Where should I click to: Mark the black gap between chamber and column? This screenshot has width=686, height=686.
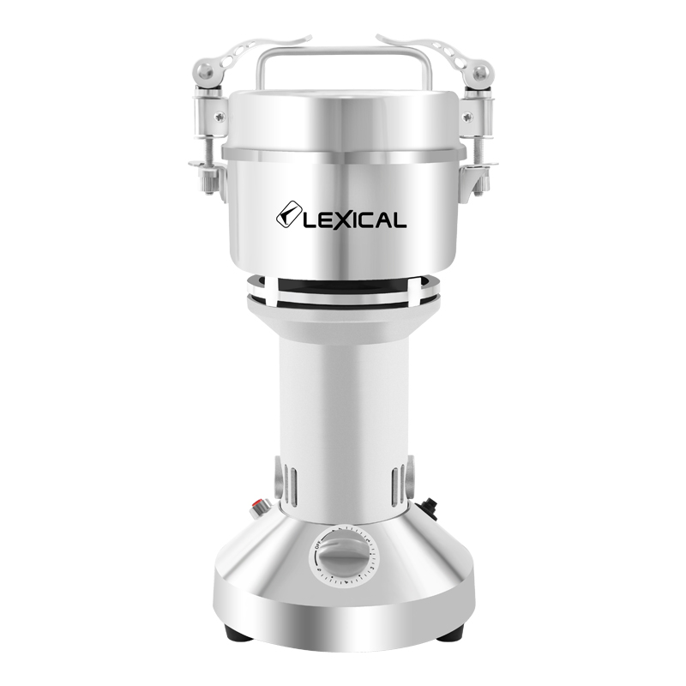[343, 286]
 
